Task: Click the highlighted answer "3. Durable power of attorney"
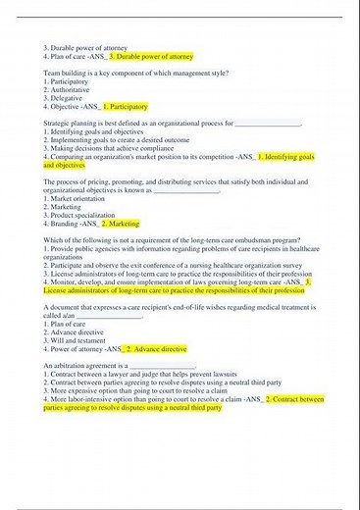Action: click(152, 56)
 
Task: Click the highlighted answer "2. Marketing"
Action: click(121, 224)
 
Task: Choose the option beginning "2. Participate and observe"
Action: click(157, 265)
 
